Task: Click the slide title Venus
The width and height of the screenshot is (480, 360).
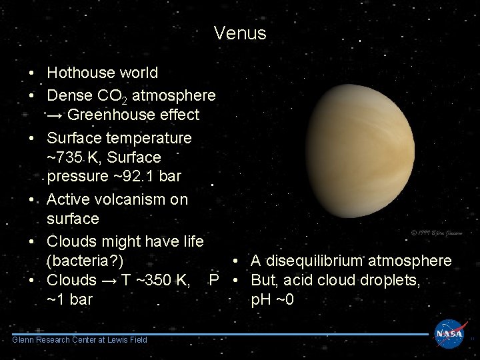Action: click(x=240, y=33)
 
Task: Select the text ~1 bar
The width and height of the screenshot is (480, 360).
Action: click(x=70, y=299)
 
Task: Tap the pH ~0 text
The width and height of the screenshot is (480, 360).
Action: click(x=272, y=299)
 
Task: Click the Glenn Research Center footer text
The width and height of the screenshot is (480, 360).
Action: click(x=80, y=340)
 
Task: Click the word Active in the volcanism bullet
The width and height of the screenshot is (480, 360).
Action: click(x=69, y=199)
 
